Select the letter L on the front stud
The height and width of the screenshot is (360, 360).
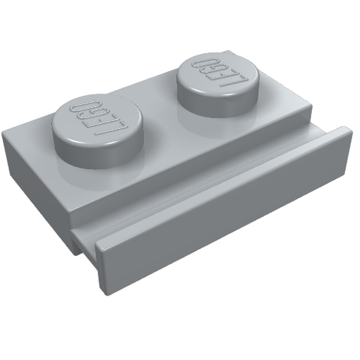tap(113, 129)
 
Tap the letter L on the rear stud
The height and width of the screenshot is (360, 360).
tap(235, 80)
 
